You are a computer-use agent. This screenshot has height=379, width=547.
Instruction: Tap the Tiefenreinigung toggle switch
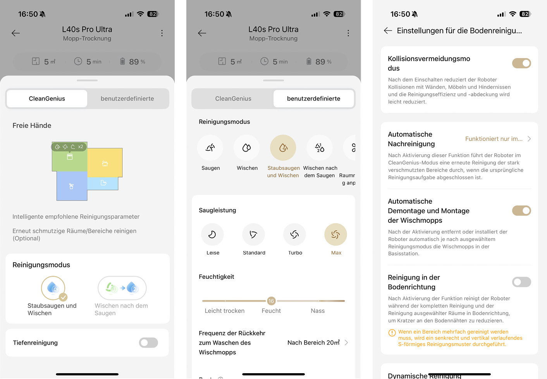[148, 343]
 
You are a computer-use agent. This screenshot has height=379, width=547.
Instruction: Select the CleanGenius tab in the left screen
[47, 99]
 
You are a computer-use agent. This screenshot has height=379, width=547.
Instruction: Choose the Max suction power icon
[335, 234]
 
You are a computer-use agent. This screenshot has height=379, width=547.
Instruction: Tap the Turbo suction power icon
[294, 234]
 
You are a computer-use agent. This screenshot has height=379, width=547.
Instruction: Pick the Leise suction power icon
[212, 234]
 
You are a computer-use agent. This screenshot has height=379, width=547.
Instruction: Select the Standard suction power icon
[253, 234]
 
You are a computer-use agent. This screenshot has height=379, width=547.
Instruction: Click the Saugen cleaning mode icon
[210, 148]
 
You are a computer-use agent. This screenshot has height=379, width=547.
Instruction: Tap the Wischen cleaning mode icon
[247, 148]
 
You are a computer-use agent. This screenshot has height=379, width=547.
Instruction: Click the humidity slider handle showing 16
[271, 301]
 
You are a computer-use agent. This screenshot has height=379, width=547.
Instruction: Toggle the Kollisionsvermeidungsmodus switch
[521, 63]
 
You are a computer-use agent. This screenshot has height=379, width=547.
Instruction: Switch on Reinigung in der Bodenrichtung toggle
[521, 282]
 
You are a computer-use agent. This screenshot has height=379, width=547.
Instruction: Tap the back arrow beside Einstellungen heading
[388, 31]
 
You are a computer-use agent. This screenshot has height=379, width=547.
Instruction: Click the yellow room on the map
[105, 163]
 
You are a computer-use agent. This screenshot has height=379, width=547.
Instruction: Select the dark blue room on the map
[72, 186]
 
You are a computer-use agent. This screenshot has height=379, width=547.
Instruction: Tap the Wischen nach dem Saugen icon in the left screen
[122, 288]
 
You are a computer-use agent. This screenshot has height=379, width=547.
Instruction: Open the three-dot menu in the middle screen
[348, 33]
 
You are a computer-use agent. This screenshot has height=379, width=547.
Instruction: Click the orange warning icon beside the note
[392, 333]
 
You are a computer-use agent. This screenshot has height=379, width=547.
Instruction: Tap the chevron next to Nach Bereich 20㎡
[346, 343]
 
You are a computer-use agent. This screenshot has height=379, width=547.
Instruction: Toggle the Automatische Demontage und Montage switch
[521, 211]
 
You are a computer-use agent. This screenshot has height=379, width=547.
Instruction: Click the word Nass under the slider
[318, 311]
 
